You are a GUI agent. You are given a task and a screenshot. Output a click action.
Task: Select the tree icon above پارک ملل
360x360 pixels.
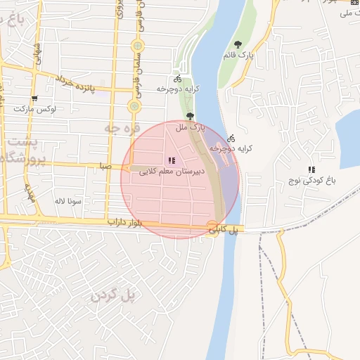pos(190,116)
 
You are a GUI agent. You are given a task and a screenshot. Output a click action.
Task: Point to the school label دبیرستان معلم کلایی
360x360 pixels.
pos(172,171)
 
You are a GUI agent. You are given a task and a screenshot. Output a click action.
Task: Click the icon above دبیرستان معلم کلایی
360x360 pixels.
pos(172,160)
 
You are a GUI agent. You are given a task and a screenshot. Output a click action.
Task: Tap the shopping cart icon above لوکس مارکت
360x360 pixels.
pos(35,98)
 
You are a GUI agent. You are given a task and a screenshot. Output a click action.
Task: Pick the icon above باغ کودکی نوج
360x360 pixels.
pos(311,169)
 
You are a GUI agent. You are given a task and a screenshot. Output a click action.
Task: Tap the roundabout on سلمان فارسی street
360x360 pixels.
pos(134,106)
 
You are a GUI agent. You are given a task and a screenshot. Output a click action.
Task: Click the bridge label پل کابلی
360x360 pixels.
pos(228,229)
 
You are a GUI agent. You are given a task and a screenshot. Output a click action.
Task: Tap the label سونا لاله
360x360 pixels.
pos(69,201)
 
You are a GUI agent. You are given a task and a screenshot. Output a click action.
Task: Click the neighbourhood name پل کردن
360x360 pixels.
pos(112,295)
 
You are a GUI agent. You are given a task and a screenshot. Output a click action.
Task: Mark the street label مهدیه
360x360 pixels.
pos(30,192)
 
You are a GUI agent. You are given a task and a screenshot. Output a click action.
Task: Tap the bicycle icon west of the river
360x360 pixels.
pos(177,79)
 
